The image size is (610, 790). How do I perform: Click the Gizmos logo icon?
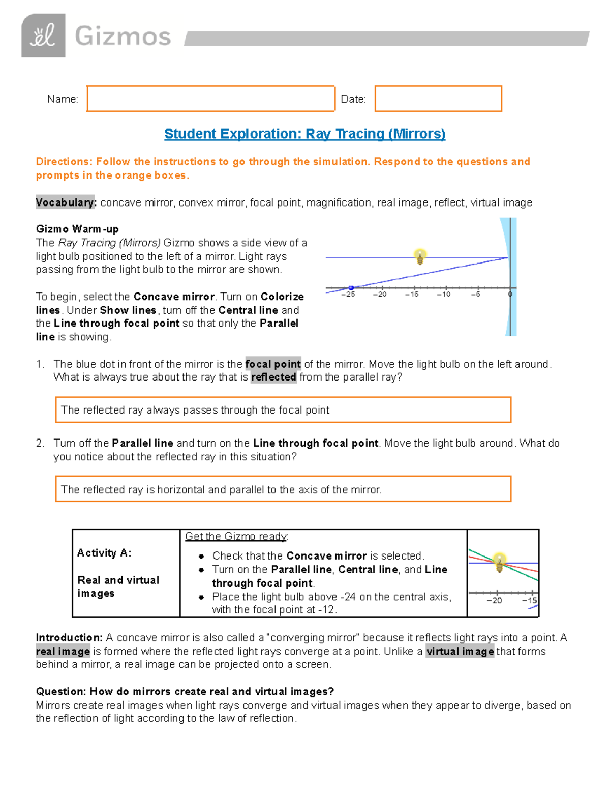click(43, 36)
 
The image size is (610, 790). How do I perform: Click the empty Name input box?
click(210, 99)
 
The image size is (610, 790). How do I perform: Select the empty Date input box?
click(438, 99)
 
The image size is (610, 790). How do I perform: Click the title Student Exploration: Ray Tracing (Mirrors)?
click(304, 134)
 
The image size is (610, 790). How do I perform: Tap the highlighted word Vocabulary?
click(65, 202)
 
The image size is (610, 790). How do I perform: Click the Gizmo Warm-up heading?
click(77, 229)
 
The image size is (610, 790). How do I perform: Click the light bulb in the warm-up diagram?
click(420, 256)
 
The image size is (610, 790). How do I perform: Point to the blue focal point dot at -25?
click(351, 288)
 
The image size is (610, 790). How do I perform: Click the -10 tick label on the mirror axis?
click(444, 295)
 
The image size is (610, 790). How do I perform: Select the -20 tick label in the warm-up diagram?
click(380, 295)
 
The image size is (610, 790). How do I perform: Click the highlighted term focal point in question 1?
click(273, 364)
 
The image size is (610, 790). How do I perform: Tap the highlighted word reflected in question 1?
click(273, 377)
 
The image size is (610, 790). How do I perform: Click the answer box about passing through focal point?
click(283, 410)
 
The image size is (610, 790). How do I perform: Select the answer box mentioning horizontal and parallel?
click(283, 489)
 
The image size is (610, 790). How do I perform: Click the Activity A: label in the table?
click(104, 553)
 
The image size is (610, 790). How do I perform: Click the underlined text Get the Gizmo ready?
click(236, 537)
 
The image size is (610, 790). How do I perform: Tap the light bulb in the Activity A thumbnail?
click(499, 562)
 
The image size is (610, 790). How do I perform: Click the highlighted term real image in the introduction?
click(63, 652)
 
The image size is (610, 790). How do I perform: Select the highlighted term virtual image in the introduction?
click(460, 652)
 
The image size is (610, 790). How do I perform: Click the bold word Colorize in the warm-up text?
click(282, 297)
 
